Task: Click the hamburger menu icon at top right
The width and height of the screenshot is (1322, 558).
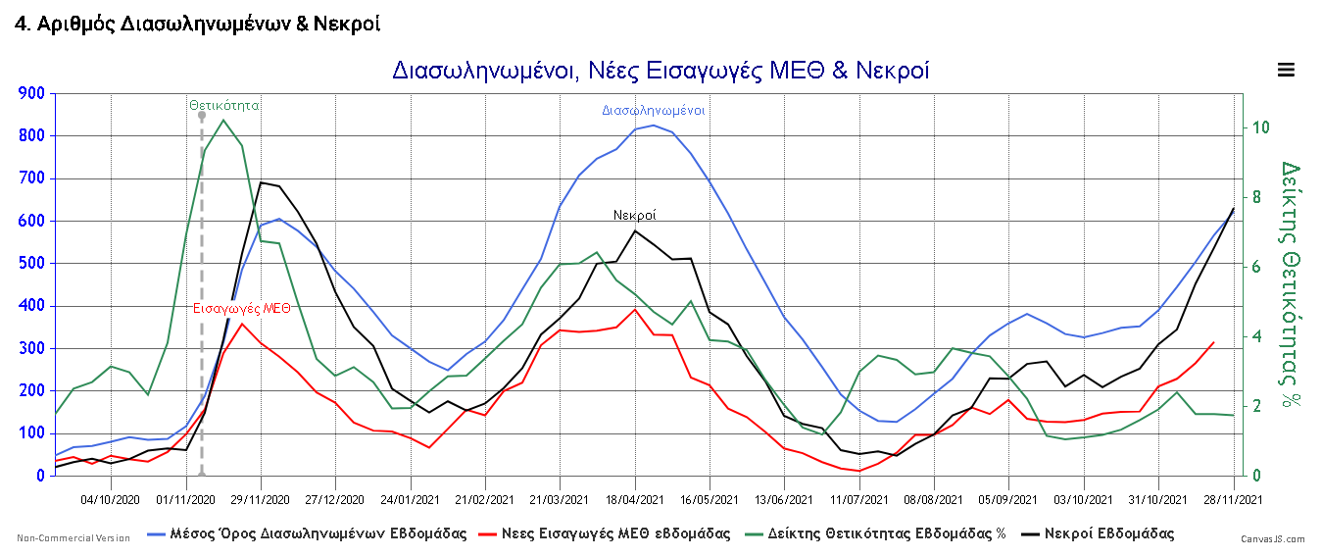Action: click(1286, 70)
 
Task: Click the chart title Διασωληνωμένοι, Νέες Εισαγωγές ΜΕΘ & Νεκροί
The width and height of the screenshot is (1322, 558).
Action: click(661, 71)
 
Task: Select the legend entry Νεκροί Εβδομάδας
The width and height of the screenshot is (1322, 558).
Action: click(1097, 534)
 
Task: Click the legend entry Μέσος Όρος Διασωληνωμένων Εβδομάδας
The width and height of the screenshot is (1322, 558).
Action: click(305, 534)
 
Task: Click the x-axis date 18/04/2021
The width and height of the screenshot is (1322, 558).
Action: click(635, 499)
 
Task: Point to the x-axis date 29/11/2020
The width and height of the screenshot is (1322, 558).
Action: click(262, 499)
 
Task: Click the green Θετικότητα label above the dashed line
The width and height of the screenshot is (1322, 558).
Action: click(224, 104)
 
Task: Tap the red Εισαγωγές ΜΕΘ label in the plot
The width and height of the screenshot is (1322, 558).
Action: click(241, 308)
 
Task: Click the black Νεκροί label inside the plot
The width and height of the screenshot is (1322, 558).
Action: click(635, 215)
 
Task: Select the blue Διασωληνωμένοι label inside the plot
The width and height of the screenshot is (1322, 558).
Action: click(654, 111)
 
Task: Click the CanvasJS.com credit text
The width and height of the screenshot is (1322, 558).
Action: click(1273, 539)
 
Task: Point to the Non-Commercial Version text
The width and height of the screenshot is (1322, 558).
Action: click(73, 538)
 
